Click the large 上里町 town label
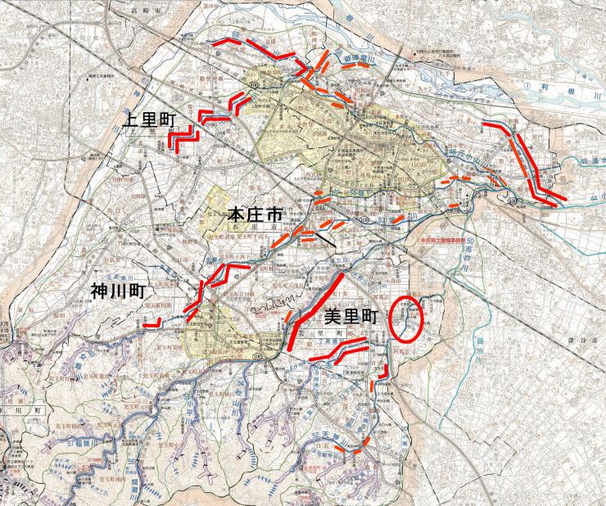pos(151,118)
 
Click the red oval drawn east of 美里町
pos(406,319)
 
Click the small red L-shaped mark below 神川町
pos(150,325)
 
